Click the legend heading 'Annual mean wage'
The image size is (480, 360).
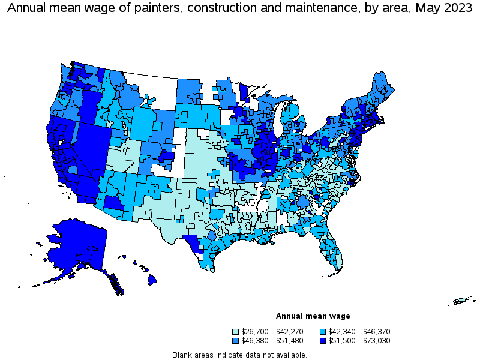click(x=313, y=316)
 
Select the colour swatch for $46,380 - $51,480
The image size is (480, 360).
click(x=236, y=340)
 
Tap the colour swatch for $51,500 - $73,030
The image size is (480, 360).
click(x=323, y=340)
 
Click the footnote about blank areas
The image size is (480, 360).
click(x=239, y=355)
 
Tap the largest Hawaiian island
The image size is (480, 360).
click(x=153, y=279)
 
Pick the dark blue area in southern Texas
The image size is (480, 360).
click(x=192, y=243)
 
